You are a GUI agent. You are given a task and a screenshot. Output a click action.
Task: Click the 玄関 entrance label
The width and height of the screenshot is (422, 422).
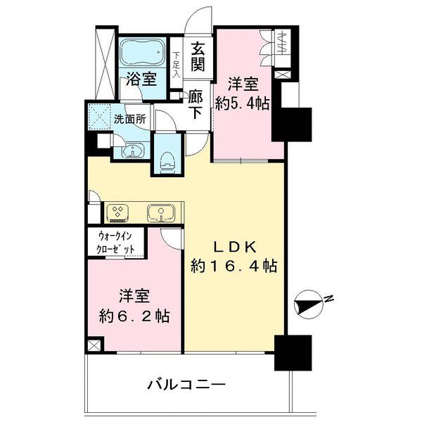[x=198, y=57]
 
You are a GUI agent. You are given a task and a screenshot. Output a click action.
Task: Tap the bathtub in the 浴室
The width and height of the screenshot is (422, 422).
[x=142, y=52]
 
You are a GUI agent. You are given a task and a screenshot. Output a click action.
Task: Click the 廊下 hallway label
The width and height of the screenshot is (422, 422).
[x=196, y=104]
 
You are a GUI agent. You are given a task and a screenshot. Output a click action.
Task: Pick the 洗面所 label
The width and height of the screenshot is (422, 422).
[x=130, y=120]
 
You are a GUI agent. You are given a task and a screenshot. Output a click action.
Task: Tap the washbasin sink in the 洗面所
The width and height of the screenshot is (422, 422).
[x=133, y=151]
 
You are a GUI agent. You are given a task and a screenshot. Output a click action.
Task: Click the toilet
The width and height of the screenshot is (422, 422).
[x=167, y=162]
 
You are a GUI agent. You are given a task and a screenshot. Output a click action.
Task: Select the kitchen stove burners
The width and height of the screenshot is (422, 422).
[x=117, y=211]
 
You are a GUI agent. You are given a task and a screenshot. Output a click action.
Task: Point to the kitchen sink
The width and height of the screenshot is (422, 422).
[x=161, y=213]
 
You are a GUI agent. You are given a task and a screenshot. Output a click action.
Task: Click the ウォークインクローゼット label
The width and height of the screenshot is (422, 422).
[x=115, y=243]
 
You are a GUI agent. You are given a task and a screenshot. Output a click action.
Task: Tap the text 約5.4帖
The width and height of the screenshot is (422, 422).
[x=243, y=103]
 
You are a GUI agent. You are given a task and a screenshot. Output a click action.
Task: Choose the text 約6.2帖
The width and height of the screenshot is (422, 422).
[x=134, y=316]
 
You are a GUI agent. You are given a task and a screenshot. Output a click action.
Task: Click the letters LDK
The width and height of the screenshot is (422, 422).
[x=234, y=247]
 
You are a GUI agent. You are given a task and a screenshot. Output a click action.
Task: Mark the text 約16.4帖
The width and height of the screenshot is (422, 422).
[x=234, y=266]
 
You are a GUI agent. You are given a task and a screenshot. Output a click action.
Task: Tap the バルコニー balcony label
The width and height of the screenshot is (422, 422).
[x=186, y=385]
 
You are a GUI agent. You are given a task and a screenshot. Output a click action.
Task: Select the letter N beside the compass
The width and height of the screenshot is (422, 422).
[x=328, y=299]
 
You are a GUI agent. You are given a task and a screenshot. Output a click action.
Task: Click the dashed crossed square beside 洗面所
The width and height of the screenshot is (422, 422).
[x=100, y=117]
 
